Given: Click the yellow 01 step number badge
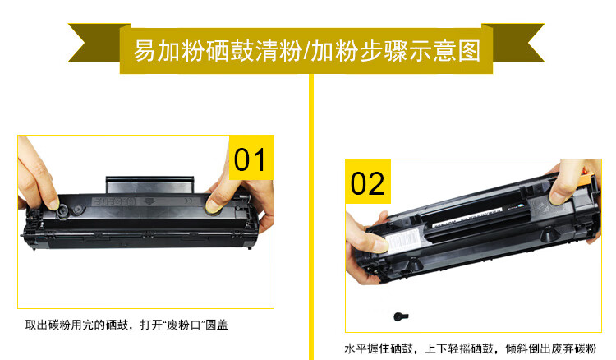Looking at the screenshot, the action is click(251, 158).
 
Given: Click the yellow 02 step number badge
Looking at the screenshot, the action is click(368, 182).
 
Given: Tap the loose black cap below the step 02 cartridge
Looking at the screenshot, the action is click(401, 316).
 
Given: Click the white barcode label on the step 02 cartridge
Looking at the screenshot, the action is click(402, 241).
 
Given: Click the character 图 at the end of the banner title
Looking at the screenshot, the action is click(470, 51).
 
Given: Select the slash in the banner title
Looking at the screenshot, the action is click(306, 51).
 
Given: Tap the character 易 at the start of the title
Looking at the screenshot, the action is click(145, 51).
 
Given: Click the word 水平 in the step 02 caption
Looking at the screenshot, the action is click(356, 348).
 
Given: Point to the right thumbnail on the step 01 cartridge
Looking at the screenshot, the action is click(213, 206).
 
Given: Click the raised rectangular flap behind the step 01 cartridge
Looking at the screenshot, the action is click(149, 185).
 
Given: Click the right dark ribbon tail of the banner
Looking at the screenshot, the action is click(515, 43).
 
